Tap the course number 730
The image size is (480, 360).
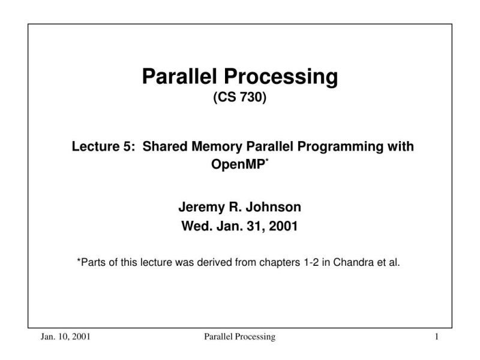(252, 98)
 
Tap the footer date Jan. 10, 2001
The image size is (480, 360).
(66, 337)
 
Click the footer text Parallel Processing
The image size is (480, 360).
(239, 337)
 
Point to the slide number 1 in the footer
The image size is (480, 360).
(437, 337)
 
